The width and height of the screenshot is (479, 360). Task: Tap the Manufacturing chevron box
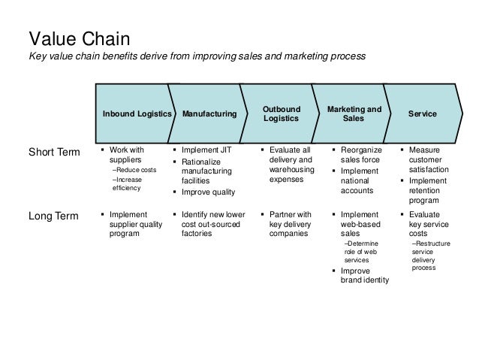(x=209, y=113)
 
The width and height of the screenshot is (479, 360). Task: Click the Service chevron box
(x=422, y=113)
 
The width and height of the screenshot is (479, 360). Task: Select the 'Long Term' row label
(x=53, y=216)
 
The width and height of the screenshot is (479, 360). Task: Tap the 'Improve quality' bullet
(x=208, y=192)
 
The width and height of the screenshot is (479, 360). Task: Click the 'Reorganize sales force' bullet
(x=360, y=155)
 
